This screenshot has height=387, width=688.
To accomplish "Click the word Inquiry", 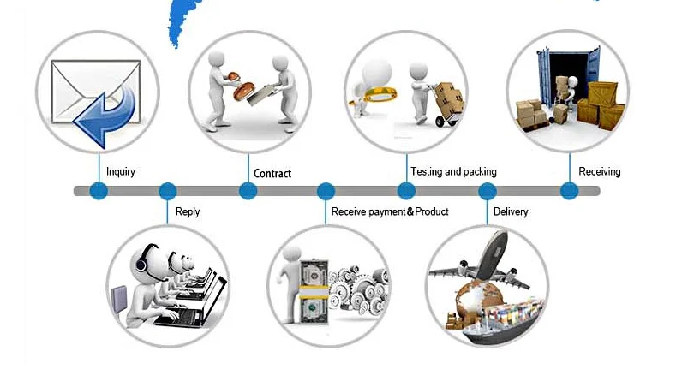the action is point(121,171).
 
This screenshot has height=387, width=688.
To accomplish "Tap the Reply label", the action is point(188,211).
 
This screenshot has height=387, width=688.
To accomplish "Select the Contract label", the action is point(272,174).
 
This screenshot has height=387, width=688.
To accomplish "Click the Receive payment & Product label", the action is point(390,211).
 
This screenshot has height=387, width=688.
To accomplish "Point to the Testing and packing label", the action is point(453,171).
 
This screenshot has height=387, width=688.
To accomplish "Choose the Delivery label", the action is point(511,211).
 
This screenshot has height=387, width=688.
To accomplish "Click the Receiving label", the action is point(600,171).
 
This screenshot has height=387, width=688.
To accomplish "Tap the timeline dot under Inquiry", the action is point(99,191).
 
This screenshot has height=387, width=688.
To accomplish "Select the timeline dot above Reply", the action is point(168,191).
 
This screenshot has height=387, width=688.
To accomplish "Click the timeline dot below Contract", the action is point(248,191).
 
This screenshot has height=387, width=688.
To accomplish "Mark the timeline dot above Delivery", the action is point(488,191).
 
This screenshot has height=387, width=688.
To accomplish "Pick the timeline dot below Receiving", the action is point(569,191).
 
